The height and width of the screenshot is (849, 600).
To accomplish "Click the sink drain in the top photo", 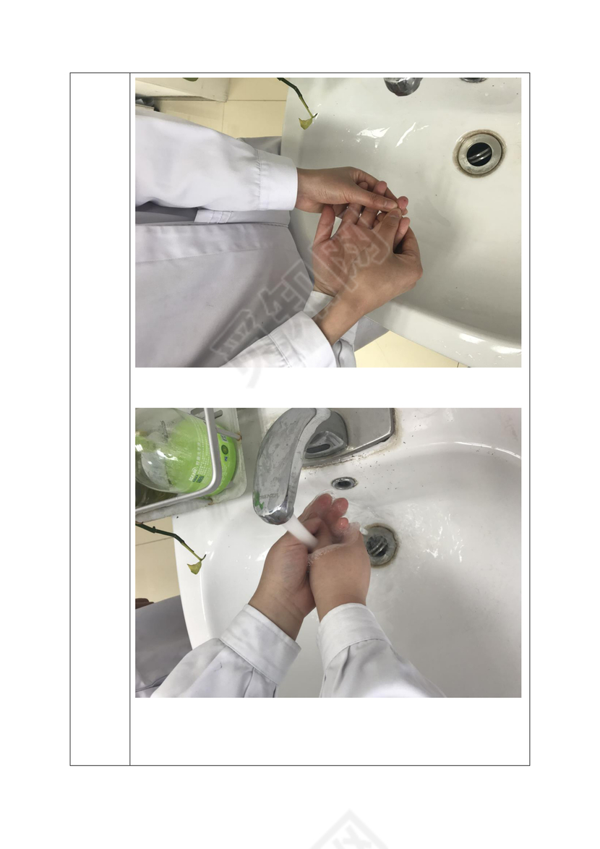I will point(479,153).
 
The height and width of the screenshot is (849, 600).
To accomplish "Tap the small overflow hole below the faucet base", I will point(343,483).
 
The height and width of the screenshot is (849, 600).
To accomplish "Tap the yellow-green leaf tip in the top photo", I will point(307,121).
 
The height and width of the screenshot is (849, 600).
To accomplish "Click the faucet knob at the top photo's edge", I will point(402,85).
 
